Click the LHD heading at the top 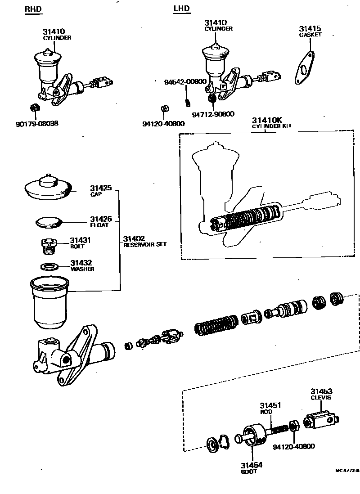click(x=181, y=9)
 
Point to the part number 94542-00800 click(x=185, y=82)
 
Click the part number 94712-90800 click(x=213, y=114)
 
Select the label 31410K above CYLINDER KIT click(x=267, y=120)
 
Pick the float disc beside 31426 click(x=49, y=222)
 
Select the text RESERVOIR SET click(x=145, y=244)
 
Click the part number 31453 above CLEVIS click(x=321, y=392)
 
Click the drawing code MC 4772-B click(x=347, y=470)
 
